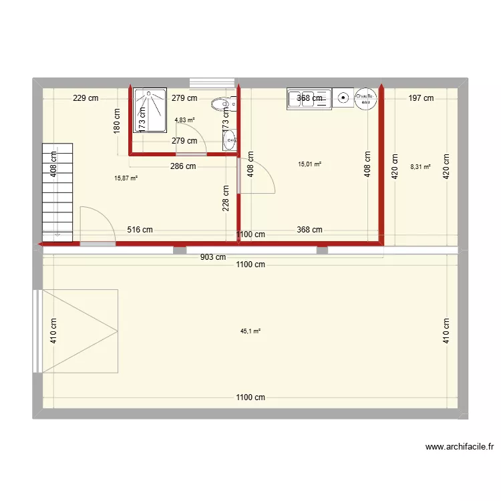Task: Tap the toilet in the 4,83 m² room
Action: coord(220,104)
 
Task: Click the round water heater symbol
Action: coord(365,99)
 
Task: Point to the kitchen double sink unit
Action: coord(309,99)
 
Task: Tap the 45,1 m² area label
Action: coord(251,331)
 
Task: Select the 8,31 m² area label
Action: coord(420,168)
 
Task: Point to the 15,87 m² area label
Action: coord(126,178)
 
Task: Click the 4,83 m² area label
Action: coord(184,120)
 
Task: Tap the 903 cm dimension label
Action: coord(212,257)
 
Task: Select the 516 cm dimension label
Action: coord(140,230)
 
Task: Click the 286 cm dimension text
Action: coord(183,166)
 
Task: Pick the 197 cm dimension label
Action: coord(421,98)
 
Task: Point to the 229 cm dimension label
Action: coord(86,98)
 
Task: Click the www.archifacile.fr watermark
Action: coord(459,447)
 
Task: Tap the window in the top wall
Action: coord(212,83)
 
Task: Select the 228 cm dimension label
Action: coord(226,198)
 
